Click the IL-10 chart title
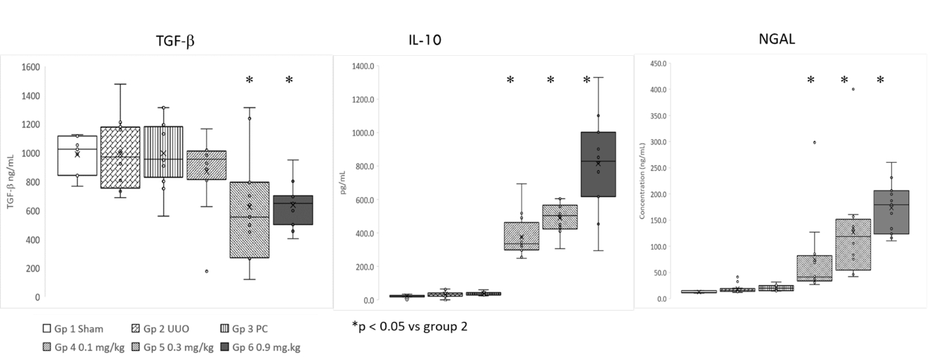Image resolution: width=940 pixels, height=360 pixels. click(424, 40)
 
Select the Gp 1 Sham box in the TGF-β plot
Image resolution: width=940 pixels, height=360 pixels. click(78, 156)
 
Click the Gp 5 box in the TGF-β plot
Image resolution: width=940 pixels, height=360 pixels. click(250, 219)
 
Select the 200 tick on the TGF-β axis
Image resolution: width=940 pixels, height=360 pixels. click(33, 268)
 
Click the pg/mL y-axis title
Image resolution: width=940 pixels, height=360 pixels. click(343, 183)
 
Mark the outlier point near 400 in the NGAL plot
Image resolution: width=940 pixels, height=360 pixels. click(853, 89)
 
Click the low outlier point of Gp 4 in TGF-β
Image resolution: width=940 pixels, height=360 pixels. click(207, 271)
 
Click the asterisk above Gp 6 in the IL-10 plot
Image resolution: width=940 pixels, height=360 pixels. click(587, 80)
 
